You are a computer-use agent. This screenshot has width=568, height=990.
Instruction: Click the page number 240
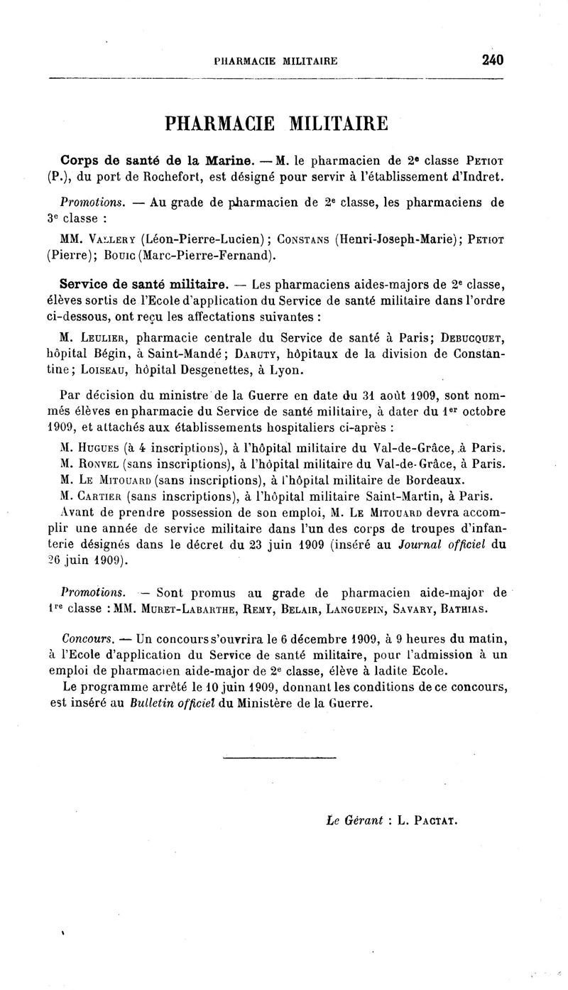coord(492,60)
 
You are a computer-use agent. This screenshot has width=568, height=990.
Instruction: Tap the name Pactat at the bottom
coord(435,821)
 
